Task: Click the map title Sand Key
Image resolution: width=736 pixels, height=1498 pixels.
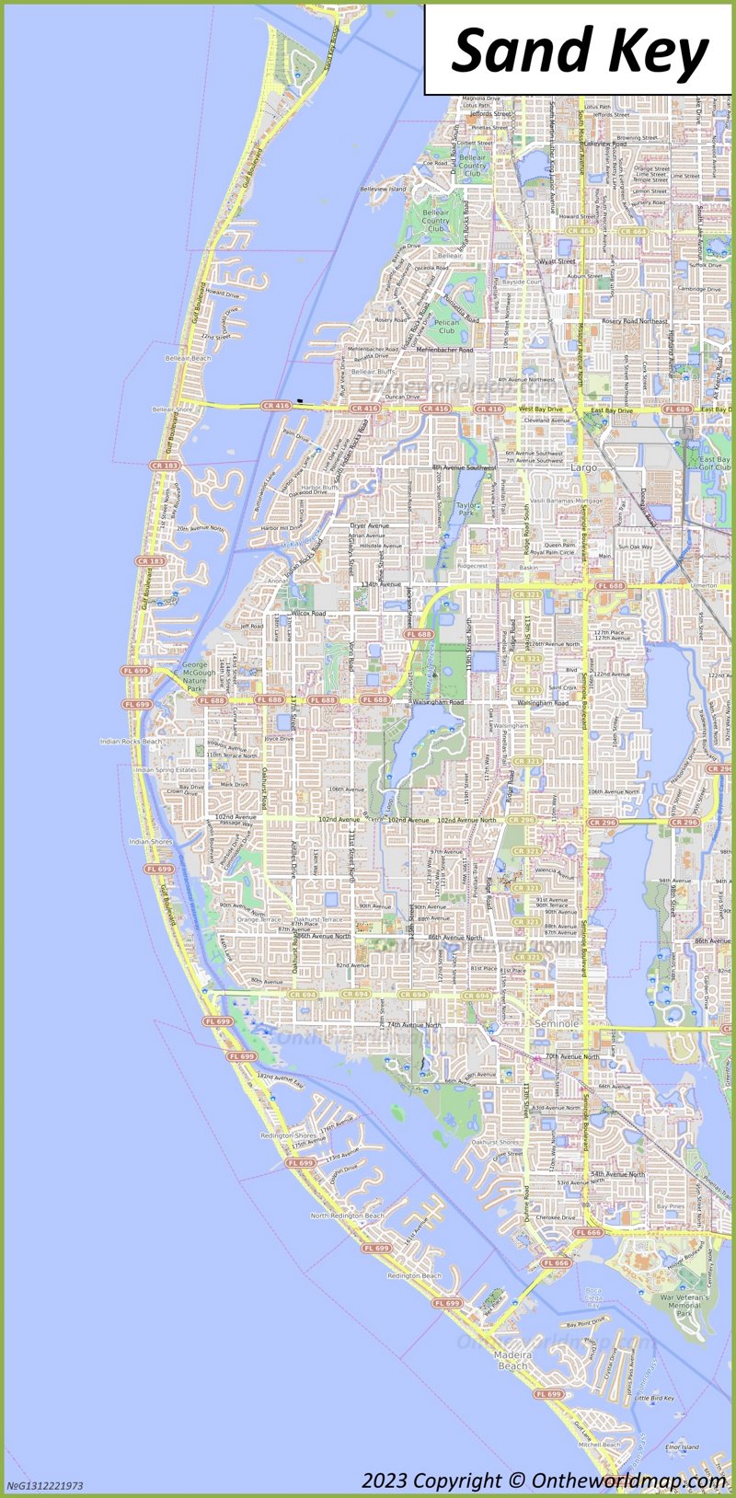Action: pyautogui.click(x=581, y=50)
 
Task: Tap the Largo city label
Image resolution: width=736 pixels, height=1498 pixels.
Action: pyautogui.click(x=584, y=467)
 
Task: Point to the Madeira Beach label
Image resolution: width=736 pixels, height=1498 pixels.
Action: pyautogui.click(x=512, y=1360)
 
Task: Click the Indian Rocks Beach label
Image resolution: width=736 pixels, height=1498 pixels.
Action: pyautogui.click(x=131, y=741)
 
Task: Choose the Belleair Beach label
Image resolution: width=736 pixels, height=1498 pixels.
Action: pyautogui.click(x=188, y=358)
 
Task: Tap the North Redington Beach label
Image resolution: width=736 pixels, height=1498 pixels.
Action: pyautogui.click(x=347, y=1216)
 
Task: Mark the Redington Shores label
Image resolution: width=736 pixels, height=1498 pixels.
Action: pyautogui.click(x=289, y=1135)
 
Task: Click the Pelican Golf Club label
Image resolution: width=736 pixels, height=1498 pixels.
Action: pyautogui.click(x=446, y=327)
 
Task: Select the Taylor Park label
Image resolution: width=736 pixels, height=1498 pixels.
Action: pyautogui.click(x=466, y=509)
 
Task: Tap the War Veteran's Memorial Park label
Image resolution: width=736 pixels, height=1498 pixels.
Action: pyautogui.click(x=684, y=1304)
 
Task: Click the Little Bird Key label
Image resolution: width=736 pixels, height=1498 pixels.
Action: pyautogui.click(x=654, y=1398)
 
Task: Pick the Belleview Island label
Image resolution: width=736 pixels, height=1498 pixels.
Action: pyautogui.click(x=383, y=189)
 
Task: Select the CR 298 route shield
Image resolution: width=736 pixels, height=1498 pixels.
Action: pyautogui.click(x=521, y=819)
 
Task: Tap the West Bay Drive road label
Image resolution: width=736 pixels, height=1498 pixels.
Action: pyautogui.click(x=540, y=409)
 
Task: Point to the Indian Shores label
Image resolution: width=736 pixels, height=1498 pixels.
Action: pyautogui.click(x=151, y=841)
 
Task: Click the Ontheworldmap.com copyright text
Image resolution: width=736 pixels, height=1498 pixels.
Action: pyautogui.click(x=544, y=1480)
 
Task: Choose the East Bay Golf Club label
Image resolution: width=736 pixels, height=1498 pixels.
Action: pyautogui.click(x=714, y=464)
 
